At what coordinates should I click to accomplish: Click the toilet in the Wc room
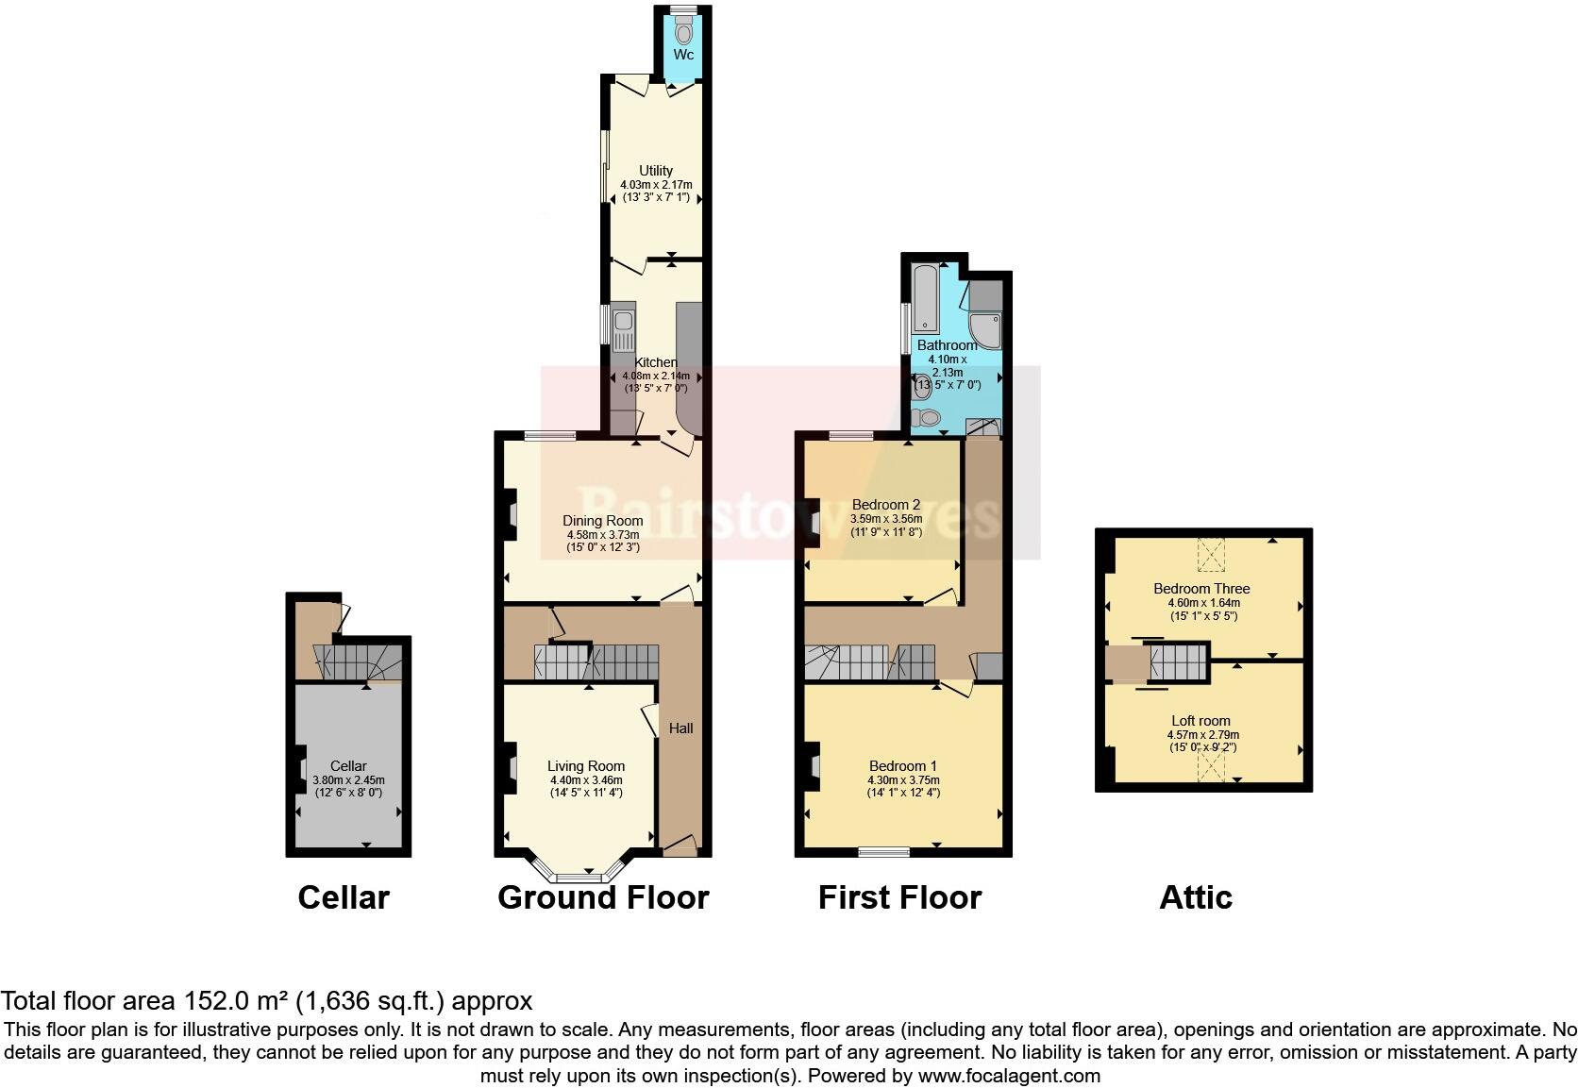[x=683, y=32]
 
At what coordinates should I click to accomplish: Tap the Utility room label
[x=656, y=171]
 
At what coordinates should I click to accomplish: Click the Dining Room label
[x=603, y=520]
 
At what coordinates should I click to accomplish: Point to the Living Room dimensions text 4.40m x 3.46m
[x=586, y=780]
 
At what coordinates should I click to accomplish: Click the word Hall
[x=680, y=728]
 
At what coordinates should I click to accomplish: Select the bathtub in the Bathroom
[x=924, y=299]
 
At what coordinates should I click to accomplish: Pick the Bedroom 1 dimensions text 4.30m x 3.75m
[x=903, y=780]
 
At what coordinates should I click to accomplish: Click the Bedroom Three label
[x=1201, y=589]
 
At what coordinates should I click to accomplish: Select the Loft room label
[x=1201, y=721]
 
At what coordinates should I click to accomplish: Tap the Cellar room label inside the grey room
[x=348, y=766]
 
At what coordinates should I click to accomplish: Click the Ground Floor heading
[x=603, y=897]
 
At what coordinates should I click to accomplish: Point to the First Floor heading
[x=899, y=897]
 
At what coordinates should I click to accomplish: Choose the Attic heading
[x=1196, y=897]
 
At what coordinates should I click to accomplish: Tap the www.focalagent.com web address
[x=1009, y=1075]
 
